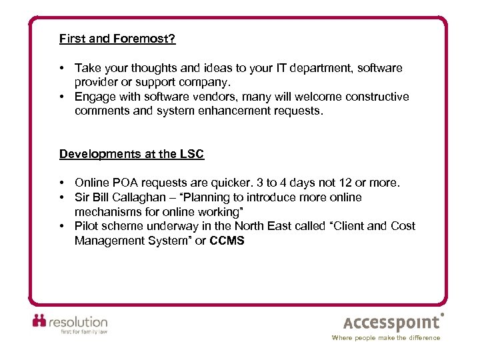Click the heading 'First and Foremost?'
(x=117, y=39)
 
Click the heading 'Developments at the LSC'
(x=131, y=154)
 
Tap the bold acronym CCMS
(x=227, y=241)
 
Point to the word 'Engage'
(x=94, y=97)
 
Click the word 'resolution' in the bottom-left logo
(x=79, y=321)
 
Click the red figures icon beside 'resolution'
(x=40, y=321)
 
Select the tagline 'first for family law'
(x=84, y=331)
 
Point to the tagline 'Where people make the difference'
(x=386, y=338)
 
